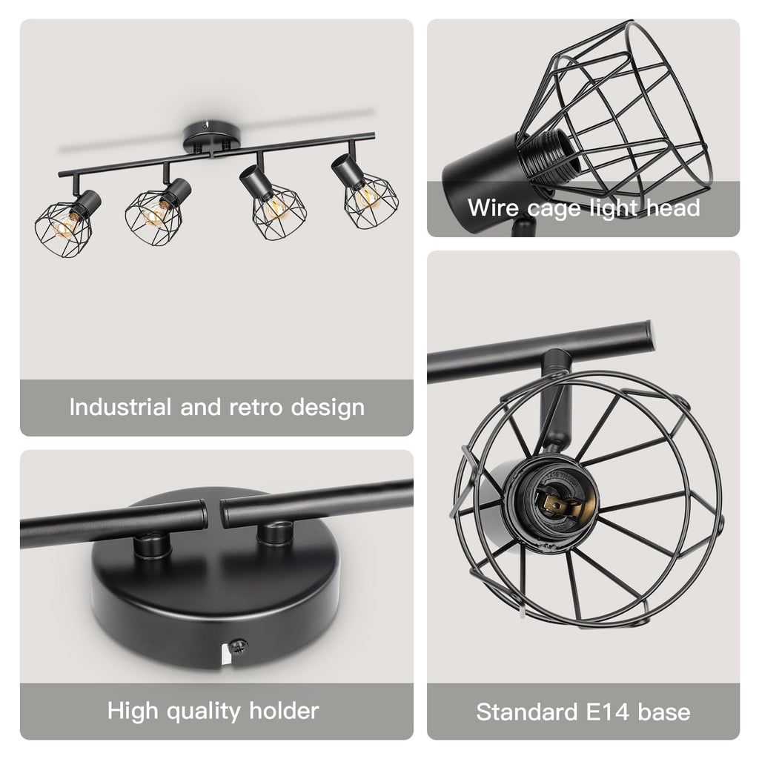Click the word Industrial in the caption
121,407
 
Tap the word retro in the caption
256,408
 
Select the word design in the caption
328,408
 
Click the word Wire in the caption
493,208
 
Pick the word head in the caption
673,208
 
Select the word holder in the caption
284,711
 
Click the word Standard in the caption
527,712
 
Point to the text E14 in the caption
608,712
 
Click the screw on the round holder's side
238,646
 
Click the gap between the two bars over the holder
213,513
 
